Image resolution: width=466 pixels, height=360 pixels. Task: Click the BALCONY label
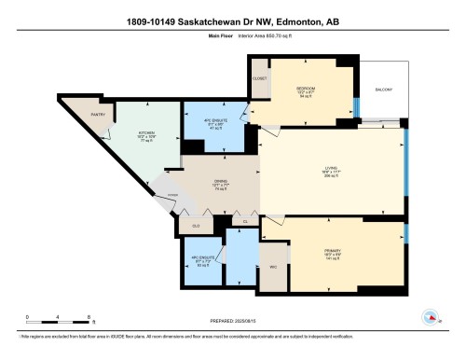click(384, 90)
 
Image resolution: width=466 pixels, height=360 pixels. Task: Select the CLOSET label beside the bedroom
click(260, 78)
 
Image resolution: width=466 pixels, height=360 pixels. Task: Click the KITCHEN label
click(146, 133)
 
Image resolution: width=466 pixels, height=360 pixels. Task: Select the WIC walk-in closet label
click(274, 267)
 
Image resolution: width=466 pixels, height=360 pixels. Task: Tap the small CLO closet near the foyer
click(197, 226)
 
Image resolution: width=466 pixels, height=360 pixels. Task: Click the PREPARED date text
click(233, 320)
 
